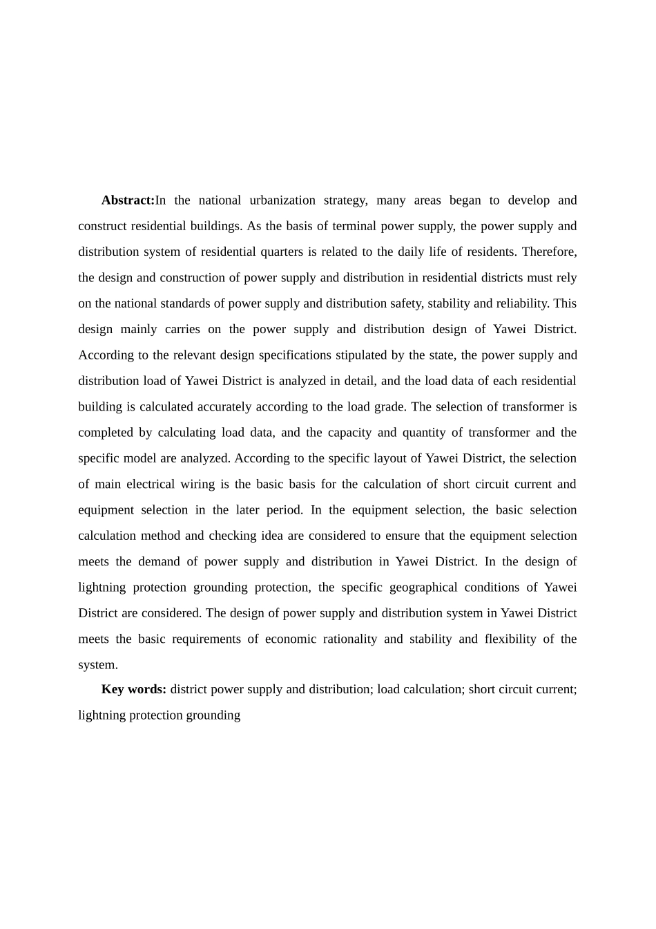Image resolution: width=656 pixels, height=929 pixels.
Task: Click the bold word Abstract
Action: [128, 200]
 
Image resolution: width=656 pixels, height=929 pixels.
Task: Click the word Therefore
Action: [549, 252]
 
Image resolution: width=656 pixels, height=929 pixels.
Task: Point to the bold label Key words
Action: [133, 689]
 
